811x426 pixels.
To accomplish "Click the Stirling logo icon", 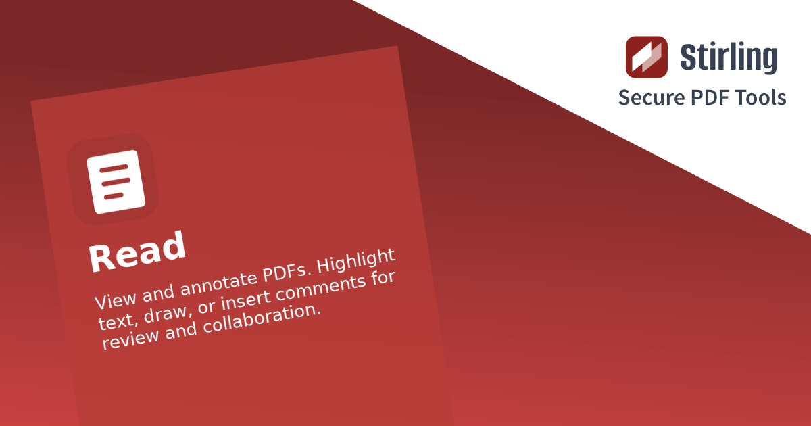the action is [x=647, y=57].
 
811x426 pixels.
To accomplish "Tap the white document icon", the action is [x=116, y=182].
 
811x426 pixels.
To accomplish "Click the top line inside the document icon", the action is [x=114, y=169].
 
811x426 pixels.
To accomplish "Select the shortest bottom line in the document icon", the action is [x=114, y=196].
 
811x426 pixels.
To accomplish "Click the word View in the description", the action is [x=116, y=299].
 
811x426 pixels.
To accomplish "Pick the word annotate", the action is [x=219, y=283].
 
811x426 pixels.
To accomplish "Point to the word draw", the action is [x=165, y=313].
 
